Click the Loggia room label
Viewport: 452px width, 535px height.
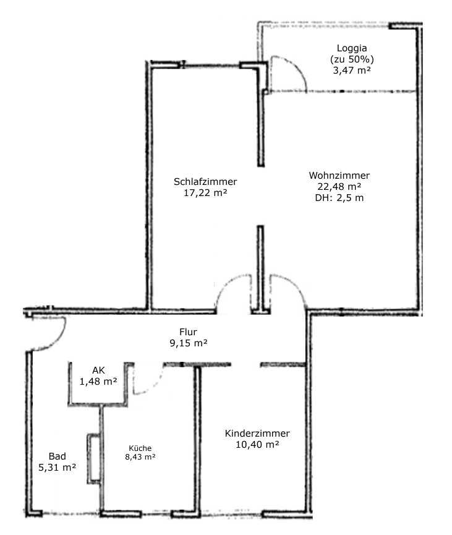[352, 48]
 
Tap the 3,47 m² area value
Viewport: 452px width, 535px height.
[352, 71]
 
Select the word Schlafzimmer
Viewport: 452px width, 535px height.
[205, 181]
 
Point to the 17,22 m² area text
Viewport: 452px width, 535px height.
[205, 193]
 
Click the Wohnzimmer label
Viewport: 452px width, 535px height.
[339, 176]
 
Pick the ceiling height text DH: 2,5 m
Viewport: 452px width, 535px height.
[339, 197]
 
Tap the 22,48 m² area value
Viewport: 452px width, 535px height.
[339, 187]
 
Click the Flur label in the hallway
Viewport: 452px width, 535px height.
[189, 332]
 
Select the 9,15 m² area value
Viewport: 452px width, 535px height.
[189, 343]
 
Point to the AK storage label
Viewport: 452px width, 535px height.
[98, 370]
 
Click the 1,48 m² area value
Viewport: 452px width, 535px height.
[98, 381]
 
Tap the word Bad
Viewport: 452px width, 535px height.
[58, 456]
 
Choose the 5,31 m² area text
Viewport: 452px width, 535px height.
[58, 467]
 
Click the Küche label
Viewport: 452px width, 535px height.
[140, 448]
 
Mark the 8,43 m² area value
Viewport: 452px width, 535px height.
[140, 457]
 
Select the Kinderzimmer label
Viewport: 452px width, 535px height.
[257, 434]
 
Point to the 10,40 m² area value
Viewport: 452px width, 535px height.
[257, 445]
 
